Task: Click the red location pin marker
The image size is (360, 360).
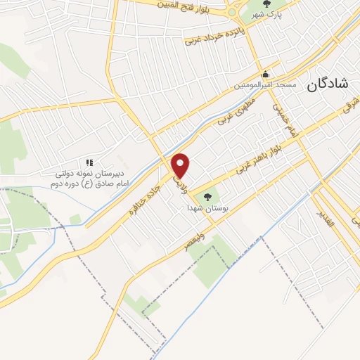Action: tap(181, 165)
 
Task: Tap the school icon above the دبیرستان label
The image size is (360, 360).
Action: tap(90, 163)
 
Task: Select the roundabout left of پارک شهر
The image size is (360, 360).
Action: tap(233, 11)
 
